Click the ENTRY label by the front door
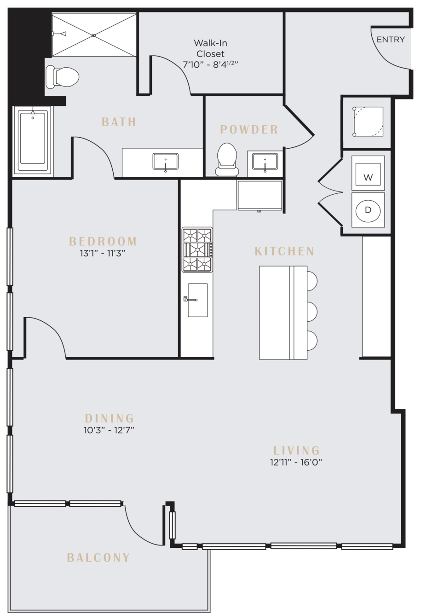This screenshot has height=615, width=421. (x=391, y=40)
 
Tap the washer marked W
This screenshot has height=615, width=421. (x=368, y=173)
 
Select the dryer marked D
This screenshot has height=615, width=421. (x=368, y=210)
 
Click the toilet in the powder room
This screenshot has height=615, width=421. (x=227, y=160)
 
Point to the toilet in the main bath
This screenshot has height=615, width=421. (x=62, y=76)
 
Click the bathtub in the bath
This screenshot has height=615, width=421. (x=33, y=140)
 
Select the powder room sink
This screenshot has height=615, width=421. (x=265, y=162)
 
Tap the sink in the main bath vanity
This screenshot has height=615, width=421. (x=166, y=162)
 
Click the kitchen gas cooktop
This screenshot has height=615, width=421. (x=197, y=250)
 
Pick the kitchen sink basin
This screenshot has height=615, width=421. (x=197, y=300)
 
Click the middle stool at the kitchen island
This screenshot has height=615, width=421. (x=312, y=312)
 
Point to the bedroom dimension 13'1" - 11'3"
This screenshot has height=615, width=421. (x=102, y=253)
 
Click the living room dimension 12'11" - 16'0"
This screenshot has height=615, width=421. (x=296, y=462)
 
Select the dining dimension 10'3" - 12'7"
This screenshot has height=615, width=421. (x=109, y=430)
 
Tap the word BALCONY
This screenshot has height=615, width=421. (x=98, y=557)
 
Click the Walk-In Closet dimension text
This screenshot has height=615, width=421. (x=210, y=64)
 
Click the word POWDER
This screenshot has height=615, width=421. (x=249, y=130)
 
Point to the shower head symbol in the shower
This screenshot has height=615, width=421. (x=59, y=34)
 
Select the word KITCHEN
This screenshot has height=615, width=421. (x=284, y=251)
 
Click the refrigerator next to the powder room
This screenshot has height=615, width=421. (x=260, y=196)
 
